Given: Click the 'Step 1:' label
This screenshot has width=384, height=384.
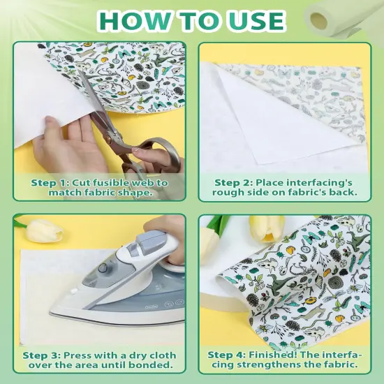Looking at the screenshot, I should (48, 182).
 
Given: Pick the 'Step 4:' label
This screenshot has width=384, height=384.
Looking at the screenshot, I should (226, 355).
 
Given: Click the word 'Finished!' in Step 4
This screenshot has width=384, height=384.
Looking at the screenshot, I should (275, 355).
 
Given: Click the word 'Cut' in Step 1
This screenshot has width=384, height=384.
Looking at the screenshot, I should (79, 182).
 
